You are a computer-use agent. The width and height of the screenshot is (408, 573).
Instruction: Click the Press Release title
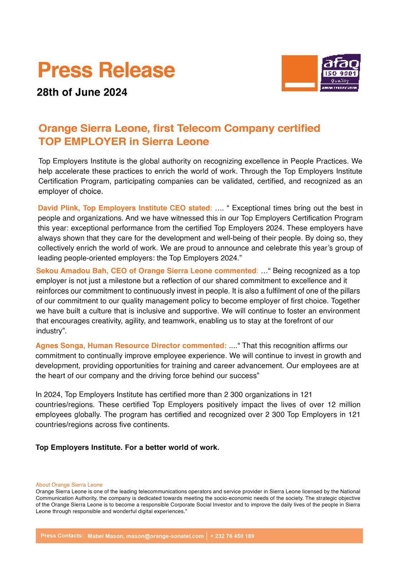(106, 70)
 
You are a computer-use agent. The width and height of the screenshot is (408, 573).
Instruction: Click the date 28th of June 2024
(82, 92)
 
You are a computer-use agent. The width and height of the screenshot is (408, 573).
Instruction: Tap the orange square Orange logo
(300, 73)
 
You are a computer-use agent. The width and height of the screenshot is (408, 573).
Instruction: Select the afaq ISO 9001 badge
(340, 73)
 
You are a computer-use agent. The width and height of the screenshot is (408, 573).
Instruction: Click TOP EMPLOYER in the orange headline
(83, 141)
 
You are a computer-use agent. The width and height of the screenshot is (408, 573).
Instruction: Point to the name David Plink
(58, 208)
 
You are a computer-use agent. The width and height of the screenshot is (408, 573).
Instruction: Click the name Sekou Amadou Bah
(72, 271)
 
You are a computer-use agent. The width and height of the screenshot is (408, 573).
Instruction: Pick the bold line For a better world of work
(172, 448)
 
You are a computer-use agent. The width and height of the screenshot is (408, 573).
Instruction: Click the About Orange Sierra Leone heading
(69, 485)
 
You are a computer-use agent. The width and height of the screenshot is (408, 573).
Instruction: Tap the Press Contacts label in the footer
(62, 536)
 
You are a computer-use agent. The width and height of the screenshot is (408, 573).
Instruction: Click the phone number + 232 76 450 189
(232, 536)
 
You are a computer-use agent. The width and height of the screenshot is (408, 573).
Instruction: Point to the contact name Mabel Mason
(106, 536)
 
